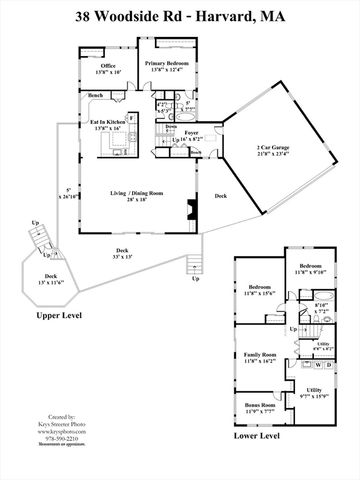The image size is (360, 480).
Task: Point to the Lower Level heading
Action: pyautogui.click(x=277, y=450)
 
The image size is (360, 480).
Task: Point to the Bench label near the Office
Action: pyautogui.click(x=96, y=95)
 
